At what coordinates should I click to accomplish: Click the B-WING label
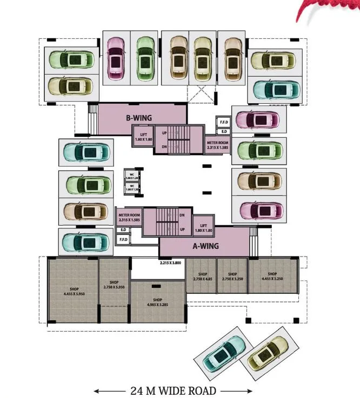click(139, 117)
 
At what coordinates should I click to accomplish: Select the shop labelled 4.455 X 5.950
click(74, 292)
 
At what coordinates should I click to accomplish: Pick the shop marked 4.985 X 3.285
click(157, 302)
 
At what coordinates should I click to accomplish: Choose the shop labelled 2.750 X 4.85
click(201, 277)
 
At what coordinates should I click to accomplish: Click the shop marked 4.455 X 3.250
click(272, 277)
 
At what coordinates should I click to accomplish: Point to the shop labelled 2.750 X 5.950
click(114, 285)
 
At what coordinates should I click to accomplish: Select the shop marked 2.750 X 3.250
click(232, 277)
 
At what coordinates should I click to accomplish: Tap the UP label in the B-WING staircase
click(164, 132)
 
